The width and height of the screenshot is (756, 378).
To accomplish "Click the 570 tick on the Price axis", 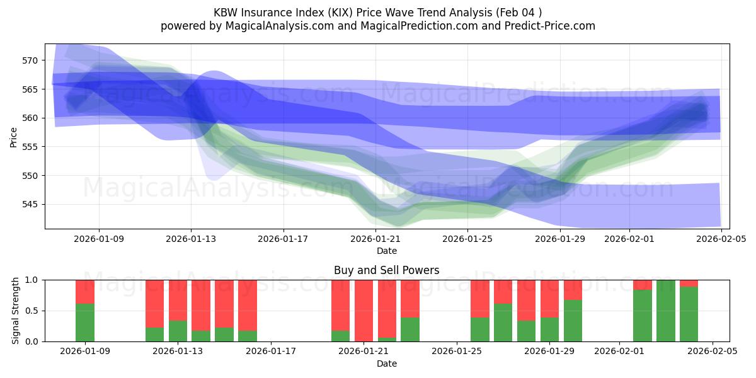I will click(30, 60).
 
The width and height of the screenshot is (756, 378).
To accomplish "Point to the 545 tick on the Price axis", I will click(30, 204).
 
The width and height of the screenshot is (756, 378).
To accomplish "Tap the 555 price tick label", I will click(30, 147).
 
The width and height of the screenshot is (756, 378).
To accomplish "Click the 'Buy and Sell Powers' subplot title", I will click(387, 270).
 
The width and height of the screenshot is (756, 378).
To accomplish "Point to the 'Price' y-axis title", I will click(14, 136).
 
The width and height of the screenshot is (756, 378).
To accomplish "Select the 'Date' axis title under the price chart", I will click(387, 251).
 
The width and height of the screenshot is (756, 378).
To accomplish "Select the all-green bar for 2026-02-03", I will click(666, 311).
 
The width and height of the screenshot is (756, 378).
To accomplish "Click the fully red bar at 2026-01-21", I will click(364, 311).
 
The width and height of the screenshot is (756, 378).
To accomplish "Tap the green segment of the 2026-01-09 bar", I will click(85, 323).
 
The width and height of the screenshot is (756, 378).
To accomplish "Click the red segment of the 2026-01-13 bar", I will click(178, 300).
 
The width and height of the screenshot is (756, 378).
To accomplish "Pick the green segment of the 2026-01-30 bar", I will click(573, 321).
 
